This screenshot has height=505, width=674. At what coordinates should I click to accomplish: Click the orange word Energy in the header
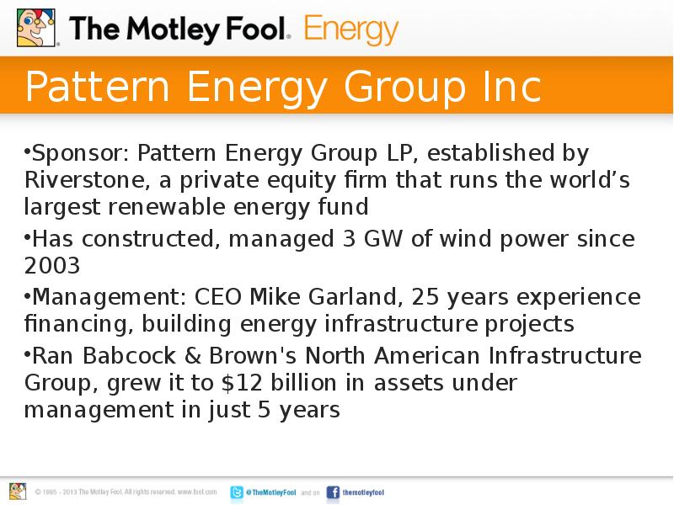[350, 30]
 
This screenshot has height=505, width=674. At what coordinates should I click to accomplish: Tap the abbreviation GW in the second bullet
[382, 239]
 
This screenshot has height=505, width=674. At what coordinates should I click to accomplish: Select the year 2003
[52, 266]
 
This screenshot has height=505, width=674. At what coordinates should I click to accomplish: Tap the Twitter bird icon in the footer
[238, 492]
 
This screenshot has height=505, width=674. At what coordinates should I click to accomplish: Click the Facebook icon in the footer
[333, 492]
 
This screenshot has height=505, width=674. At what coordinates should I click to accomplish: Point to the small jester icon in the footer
[18, 491]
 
